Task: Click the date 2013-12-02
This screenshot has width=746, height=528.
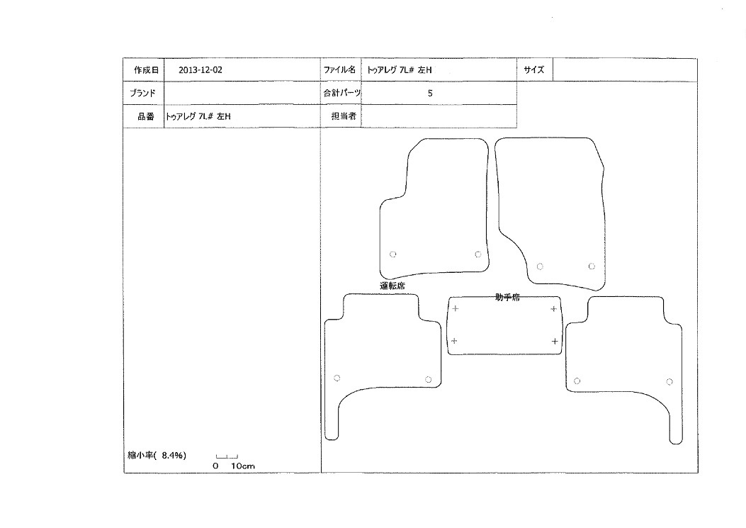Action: click(200, 69)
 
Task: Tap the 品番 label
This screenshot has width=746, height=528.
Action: click(145, 116)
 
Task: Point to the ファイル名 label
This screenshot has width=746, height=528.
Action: click(339, 69)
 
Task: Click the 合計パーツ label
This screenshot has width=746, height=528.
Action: click(341, 93)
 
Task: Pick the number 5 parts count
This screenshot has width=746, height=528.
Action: click(430, 94)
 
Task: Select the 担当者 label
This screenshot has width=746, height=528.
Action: click(344, 116)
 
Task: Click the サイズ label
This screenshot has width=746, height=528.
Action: click(533, 69)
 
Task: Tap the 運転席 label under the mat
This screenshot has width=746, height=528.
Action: click(392, 286)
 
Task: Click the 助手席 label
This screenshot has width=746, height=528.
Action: click(507, 297)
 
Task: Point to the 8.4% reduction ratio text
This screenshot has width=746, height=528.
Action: click(172, 455)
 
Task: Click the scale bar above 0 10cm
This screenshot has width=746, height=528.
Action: click(227, 457)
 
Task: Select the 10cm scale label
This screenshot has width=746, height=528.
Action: click(242, 466)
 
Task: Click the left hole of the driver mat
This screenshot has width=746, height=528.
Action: click(393, 254)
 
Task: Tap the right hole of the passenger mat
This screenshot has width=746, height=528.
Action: click(592, 266)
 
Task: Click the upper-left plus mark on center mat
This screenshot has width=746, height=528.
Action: click(456, 308)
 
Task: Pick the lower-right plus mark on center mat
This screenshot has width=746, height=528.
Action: click(555, 342)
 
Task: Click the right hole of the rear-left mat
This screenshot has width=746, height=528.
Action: click(428, 379)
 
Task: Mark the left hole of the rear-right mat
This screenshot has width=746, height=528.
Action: click(577, 381)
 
